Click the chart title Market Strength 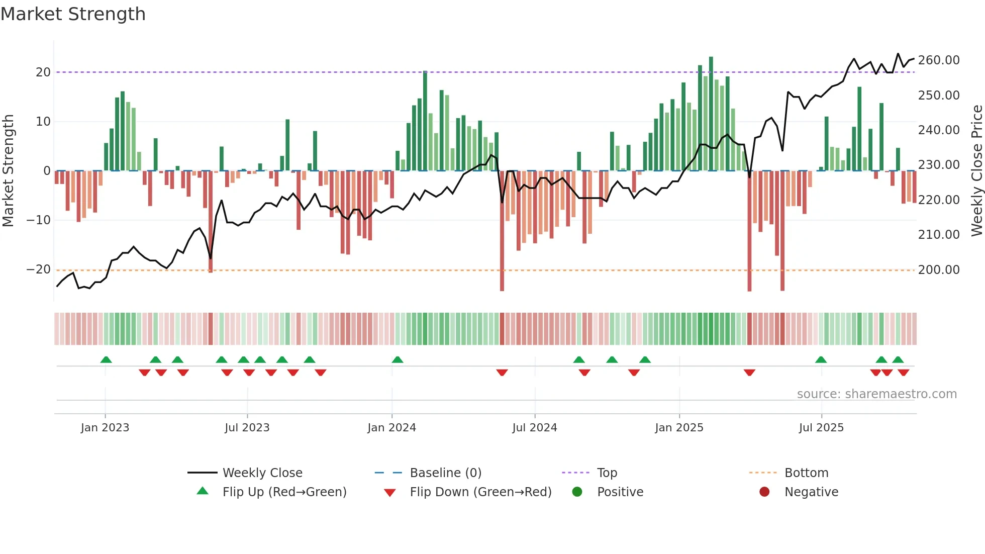pyautogui.click(x=73, y=14)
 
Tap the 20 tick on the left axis pyautogui.click(x=43, y=72)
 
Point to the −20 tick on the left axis pyautogui.click(x=39, y=269)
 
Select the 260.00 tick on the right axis pyautogui.click(x=938, y=60)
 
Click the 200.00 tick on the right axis pyautogui.click(x=938, y=270)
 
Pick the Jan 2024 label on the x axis pyautogui.click(x=391, y=428)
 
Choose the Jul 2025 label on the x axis pyautogui.click(x=821, y=428)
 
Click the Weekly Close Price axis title pyautogui.click(x=976, y=170)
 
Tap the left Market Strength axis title pyautogui.click(x=9, y=170)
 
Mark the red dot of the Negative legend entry pyautogui.click(x=764, y=492)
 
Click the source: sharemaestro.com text pyautogui.click(x=876, y=394)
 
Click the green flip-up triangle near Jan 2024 pyautogui.click(x=398, y=359)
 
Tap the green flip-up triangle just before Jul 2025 pyautogui.click(x=821, y=359)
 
